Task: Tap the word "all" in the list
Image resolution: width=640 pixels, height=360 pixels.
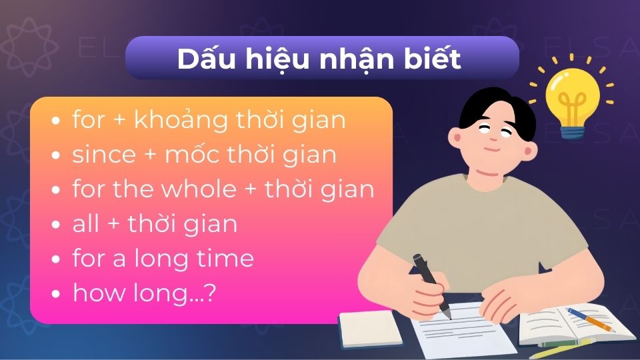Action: click(86, 223)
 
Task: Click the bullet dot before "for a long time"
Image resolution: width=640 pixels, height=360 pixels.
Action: click(57, 259)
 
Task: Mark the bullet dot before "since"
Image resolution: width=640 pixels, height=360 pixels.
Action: click(57, 156)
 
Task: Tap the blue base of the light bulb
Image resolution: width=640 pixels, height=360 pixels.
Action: click(572, 129)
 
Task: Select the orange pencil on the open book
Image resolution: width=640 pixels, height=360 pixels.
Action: click(590, 320)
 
